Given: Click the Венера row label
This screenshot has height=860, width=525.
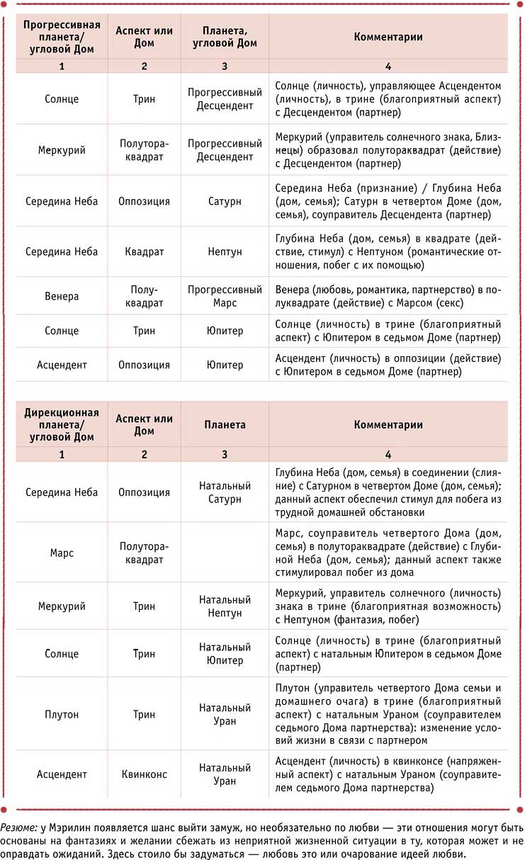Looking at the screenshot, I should (x=62, y=296).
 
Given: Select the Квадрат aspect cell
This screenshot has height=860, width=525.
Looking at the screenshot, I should (x=144, y=251).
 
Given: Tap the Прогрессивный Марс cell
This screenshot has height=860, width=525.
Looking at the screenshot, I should (x=225, y=296).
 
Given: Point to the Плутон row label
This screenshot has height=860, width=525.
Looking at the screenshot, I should (x=62, y=714).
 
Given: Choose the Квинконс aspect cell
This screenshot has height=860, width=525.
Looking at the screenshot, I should (x=144, y=774).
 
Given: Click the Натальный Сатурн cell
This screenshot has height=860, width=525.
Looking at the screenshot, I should (x=225, y=492).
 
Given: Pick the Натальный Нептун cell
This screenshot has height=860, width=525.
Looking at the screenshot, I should (x=225, y=606).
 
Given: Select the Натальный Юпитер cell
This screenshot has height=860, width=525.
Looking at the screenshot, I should (x=225, y=653).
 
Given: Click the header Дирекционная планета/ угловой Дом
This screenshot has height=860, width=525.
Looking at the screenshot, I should (x=62, y=424).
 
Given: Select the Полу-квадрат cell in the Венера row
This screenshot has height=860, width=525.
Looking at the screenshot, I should (x=144, y=296).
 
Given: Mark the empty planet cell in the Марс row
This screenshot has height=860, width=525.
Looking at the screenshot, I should (x=225, y=553).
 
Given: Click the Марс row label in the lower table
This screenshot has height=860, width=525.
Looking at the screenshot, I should (x=62, y=553).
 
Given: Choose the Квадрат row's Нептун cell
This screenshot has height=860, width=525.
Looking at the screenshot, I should (x=225, y=251).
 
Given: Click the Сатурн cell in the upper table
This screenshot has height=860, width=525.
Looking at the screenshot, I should (x=225, y=201).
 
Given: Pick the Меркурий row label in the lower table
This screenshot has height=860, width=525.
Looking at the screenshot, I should (x=62, y=606).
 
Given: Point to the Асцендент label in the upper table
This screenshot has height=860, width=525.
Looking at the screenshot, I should (x=62, y=365).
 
